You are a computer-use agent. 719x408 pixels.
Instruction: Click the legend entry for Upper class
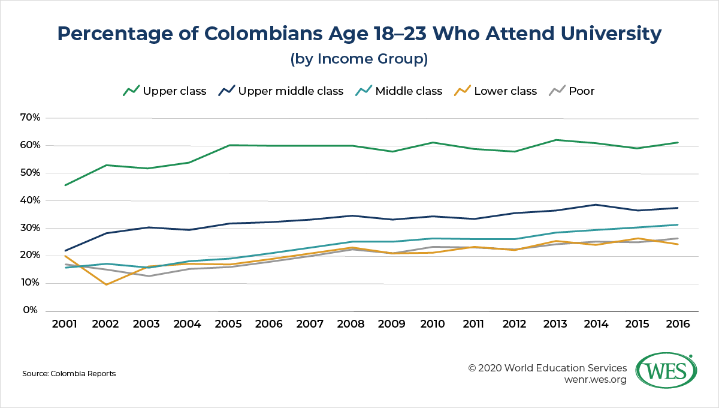[165, 91]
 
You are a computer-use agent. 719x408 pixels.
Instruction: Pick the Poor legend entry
[573, 91]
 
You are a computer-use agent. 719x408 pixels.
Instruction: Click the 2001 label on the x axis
[64, 324]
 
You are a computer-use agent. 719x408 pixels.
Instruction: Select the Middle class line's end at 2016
[677, 225]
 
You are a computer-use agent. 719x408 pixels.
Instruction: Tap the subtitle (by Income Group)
[359, 59]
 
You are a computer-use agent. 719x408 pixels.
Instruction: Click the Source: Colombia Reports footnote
[69, 374]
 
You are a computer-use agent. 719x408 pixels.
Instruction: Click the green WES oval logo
[664, 371]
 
